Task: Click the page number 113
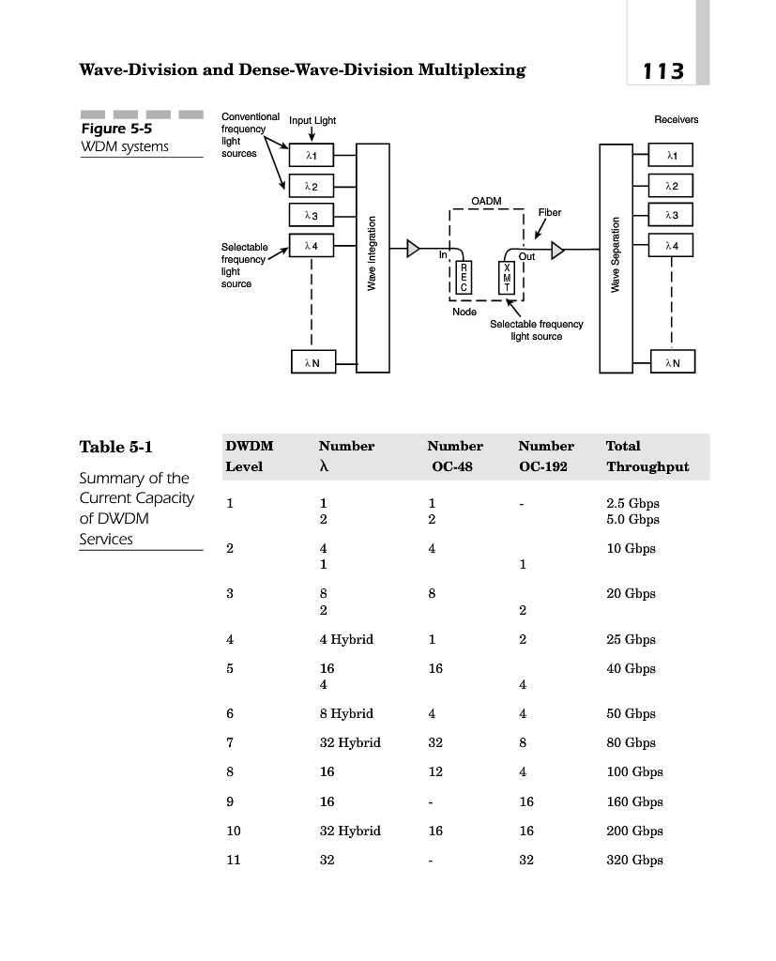(x=663, y=71)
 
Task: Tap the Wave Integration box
(x=373, y=257)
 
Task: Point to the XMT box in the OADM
(x=509, y=278)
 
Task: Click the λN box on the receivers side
(x=673, y=362)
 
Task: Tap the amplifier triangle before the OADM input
(x=413, y=249)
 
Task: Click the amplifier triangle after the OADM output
(x=558, y=250)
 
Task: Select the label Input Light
(x=312, y=121)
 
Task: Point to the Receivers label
(x=676, y=120)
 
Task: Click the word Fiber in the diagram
(x=549, y=213)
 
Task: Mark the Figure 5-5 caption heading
(x=116, y=129)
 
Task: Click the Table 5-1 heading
(x=115, y=448)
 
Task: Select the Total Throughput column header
(x=647, y=456)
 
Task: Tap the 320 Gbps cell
(x=634, y=860)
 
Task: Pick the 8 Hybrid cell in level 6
(x=346, y=713)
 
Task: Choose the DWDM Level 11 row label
(x=234, y=860)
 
